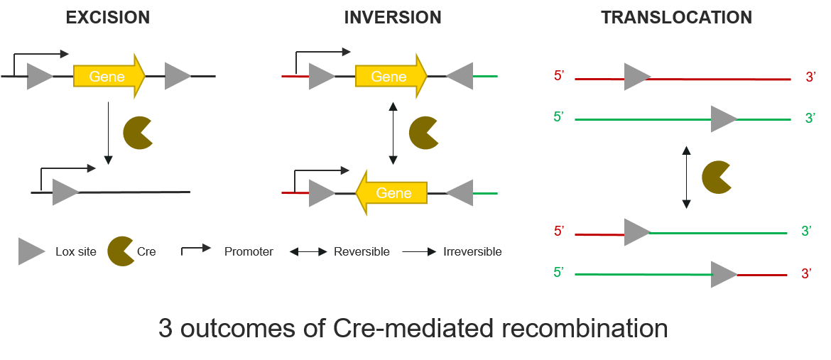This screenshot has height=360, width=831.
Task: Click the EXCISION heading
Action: tap(108, 18)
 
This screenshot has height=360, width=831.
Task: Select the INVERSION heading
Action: tap(393, 18)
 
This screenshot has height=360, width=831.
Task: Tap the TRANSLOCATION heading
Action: tap(676, 18)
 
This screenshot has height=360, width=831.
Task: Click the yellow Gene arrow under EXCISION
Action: tap(109, 77)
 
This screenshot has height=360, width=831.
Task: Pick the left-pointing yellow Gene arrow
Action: tap(391, 193)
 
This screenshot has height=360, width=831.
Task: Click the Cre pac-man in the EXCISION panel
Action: tap(138, 133)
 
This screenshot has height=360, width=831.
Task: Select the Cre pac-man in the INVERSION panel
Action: tap(423, 133)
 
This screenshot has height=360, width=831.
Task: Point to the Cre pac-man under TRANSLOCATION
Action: tap(716, 177)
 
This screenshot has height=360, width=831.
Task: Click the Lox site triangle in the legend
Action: tap(32, 251)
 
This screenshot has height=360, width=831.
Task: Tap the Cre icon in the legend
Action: tap(121, 251)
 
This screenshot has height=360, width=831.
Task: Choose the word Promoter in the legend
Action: tap(249, 252)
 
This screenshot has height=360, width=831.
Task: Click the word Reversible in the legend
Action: tap(362, 252)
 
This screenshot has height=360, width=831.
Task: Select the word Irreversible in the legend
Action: tap(472, 252)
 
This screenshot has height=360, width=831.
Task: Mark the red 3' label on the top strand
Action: tap(810, 77)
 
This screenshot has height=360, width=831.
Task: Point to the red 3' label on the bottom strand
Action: tap(806, 273)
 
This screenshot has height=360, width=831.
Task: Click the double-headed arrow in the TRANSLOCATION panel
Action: tap(686, 177)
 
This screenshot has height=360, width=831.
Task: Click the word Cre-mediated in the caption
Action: tap(411, 329)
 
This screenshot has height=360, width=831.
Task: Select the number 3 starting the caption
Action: tap(165, 329)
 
